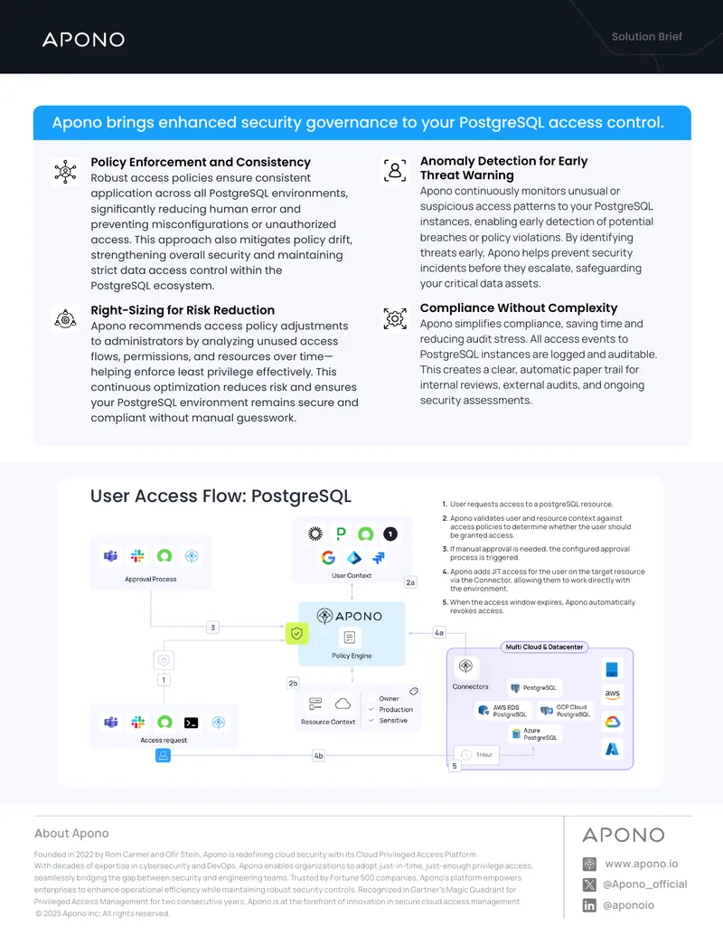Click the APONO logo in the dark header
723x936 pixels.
coord(83,40)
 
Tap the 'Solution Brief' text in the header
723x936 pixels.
coord(647,36)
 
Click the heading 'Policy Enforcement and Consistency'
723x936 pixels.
coord(201,162)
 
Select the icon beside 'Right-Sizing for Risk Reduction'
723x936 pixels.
coord(66,318)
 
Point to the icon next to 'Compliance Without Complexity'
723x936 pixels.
coord(395,318)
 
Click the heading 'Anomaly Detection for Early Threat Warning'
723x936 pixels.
coord(504,167)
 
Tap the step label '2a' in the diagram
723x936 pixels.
coord(410,582)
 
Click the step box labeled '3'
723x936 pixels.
coord(213,628)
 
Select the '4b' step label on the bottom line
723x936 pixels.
coord(318,756)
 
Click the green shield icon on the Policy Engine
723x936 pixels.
coord(297,633)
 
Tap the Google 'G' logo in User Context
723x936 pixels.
coord(328,558)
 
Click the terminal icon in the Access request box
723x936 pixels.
coord(191,723)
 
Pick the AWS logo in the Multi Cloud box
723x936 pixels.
coord(613,695)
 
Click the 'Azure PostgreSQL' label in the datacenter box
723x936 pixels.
coord(532,733)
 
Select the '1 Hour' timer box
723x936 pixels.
coord(476,755)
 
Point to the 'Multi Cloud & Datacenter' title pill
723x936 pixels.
coord(544,648)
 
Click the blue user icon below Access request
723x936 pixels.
coord(163,755)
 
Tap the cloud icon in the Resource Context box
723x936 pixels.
coord(343,704)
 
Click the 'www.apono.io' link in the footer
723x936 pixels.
coord(642,864)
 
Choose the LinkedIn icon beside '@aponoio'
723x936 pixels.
coord(589,905)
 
